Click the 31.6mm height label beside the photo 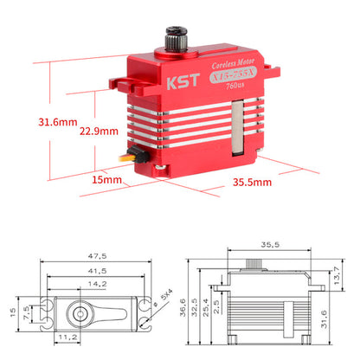coord(45,122)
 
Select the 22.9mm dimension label coord(97,132)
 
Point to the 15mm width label coord(106,180)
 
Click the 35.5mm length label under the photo coord(253,183)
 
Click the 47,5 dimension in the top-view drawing coord(96,256)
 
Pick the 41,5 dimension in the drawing coord(96,271)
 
